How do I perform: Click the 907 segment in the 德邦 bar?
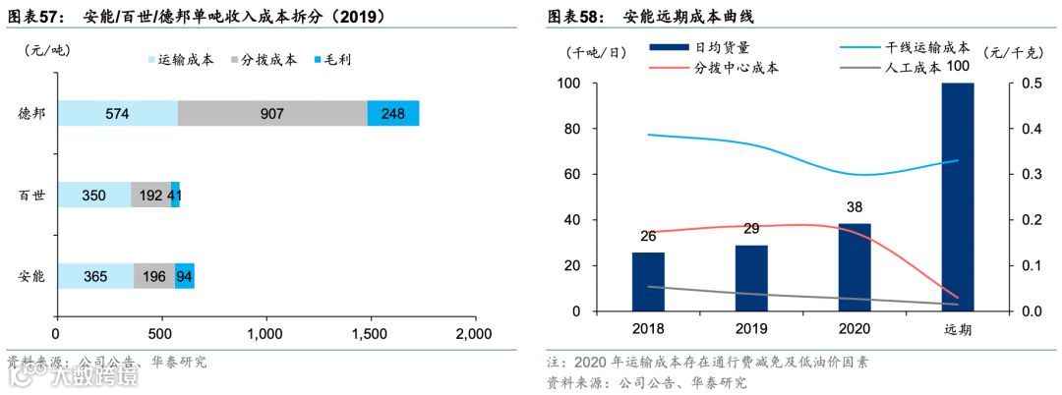tap(272, 113)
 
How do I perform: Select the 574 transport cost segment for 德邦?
tap(117, 113)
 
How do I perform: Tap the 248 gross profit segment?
tap(392, 113)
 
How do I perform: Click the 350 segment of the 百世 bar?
tap(93, 195)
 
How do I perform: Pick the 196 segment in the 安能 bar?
tap(154, 276)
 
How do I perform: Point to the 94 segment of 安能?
tap(184, 276)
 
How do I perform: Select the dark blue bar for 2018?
tap(648, 282)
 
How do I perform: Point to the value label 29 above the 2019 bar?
tap(751, 228)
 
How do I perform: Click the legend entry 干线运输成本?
tap(930, 47)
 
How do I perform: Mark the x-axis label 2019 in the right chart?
tap(751, 329)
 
